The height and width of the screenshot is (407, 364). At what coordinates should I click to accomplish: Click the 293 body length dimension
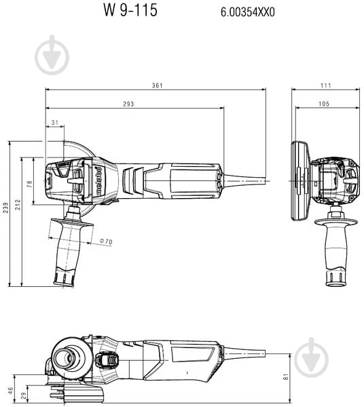[128, 104]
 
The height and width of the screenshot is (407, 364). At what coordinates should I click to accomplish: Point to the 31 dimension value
[54, 122]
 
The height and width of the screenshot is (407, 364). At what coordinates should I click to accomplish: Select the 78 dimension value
[30, 184]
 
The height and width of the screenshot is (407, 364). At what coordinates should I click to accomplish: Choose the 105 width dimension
[323, 104]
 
